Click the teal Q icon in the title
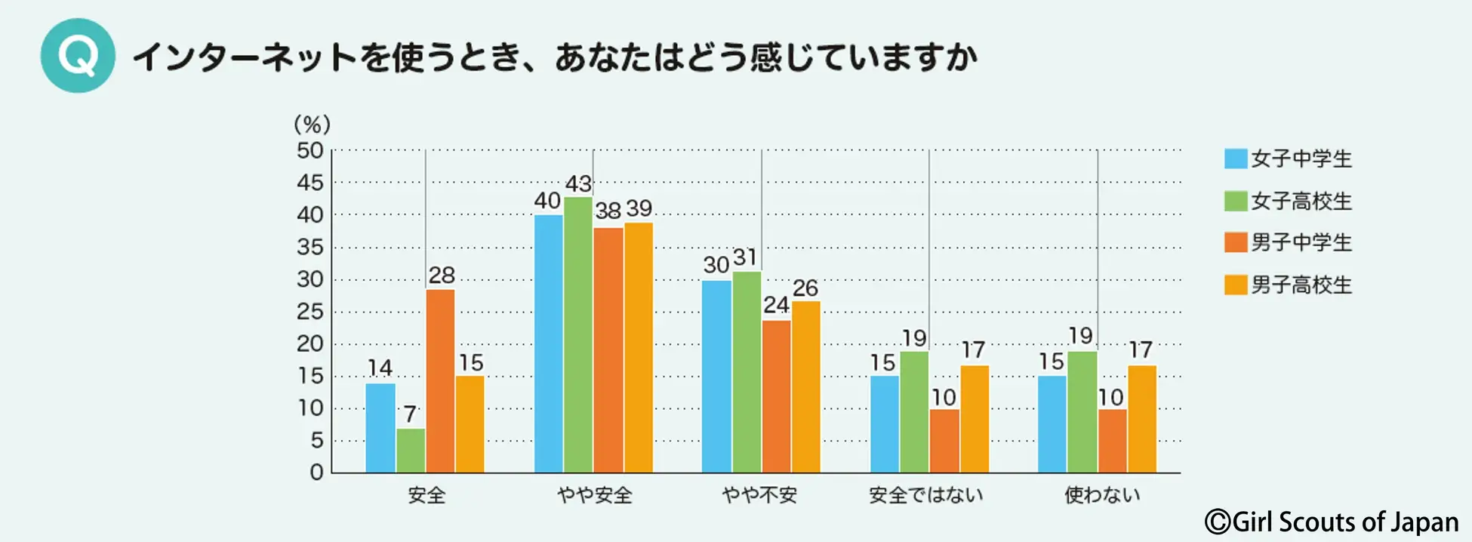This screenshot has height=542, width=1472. [78, 56]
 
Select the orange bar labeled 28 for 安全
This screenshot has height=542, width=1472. [440, 381]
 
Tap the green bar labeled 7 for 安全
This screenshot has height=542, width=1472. [411, 451]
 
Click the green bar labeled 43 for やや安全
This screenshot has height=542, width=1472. [578, 335]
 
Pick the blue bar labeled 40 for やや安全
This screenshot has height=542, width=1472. [549, 343]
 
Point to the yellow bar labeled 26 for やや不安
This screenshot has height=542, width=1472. [805, 387]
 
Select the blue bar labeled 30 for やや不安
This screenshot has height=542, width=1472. [716, 377]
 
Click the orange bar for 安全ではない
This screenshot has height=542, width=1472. [944, 441]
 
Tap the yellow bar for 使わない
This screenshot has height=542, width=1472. [1142, 419]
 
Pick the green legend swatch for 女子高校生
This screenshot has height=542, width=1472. [1236, 201]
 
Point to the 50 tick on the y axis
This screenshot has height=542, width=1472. [309, 151]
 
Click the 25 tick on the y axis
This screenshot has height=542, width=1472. [309, 312]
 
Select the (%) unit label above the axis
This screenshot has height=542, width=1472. [312, 124]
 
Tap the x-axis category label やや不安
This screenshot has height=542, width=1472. [759, 495]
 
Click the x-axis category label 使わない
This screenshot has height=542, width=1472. [1102, 495]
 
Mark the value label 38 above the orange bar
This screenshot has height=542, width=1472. [608, 211]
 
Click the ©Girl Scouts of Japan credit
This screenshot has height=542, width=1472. [1332, 522]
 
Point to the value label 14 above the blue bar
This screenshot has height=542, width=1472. [380, 368]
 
